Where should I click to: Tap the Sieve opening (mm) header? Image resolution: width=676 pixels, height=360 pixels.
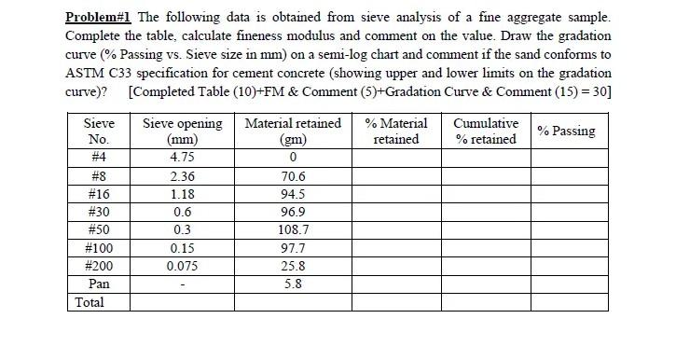pyautogui.click(x=182, y=132)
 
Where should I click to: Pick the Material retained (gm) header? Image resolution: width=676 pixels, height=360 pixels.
pyautogui.click(x=293, y=132)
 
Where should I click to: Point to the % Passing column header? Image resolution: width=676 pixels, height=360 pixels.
pyautogui.click(x=566, y=131)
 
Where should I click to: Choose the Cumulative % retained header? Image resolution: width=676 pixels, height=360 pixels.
pyautogui.click(x=486, y=132)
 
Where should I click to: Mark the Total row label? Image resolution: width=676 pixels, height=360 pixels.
pyautogui.click(x=90, y=302)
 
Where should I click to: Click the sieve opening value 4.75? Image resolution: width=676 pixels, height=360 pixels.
pyautogui.click(x=182, y=158)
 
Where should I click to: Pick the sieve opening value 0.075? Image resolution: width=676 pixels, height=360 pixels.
pyautogui.click(x=182, y=266)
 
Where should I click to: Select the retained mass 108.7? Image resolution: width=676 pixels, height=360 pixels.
pyautogui.click(x=293, y=229)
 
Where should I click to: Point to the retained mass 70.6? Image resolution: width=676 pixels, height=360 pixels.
pyautogui.click(x=293, y=176)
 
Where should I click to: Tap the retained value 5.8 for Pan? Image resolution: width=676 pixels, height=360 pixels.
pyautogui.click(x=293, y=284)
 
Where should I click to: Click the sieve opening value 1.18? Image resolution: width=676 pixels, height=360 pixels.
pyautogui.click(x=182, y=194)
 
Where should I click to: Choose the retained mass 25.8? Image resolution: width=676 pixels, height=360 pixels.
pyautogui.click(x=293, y=266)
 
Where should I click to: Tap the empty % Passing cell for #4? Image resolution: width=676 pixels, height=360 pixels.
pyautogui.click(x=566, y=158)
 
